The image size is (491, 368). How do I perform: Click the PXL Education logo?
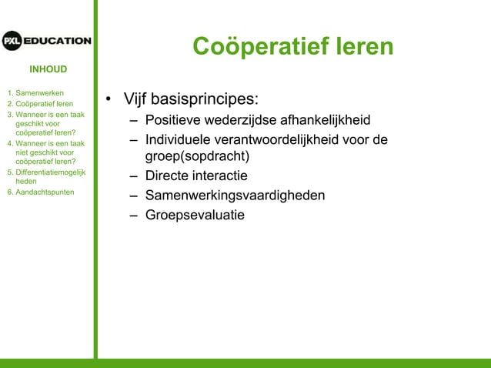[x=46, y=41]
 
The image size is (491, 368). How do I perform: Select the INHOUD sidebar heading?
[x=48, y=70]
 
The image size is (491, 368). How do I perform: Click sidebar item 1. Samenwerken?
[x=35, y=92]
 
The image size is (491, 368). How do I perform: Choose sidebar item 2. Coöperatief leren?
[x=40, y=104]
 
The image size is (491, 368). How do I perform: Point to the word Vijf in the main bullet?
[x=138, y=101]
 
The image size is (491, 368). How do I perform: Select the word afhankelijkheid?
[x=320, y=121]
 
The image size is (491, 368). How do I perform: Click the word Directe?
[x=169, y=176]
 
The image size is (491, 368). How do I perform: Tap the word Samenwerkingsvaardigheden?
[x=235, y=196]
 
